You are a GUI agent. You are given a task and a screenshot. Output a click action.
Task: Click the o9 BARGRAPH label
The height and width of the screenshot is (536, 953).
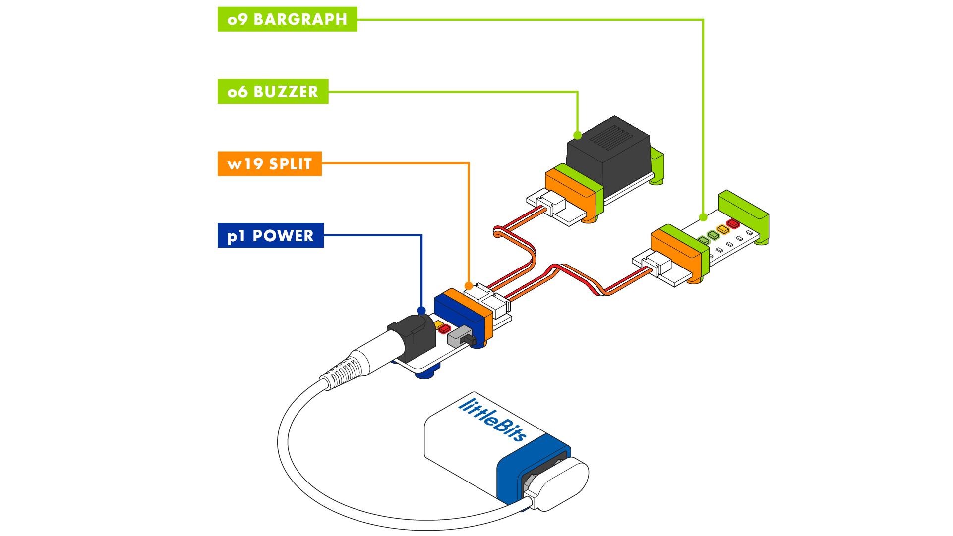pos(287,19)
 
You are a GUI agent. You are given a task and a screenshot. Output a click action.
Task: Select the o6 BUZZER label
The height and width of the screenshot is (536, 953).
pos(273,92)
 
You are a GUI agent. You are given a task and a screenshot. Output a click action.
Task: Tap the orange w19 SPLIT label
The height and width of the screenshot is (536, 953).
pos(270,164)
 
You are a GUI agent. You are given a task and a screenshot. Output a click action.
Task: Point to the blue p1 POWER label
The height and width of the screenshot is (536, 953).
pos(271,235)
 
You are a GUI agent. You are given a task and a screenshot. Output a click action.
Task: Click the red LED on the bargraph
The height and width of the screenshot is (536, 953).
pos(733,224)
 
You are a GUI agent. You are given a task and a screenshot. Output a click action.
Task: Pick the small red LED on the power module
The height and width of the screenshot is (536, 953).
pos(444,328)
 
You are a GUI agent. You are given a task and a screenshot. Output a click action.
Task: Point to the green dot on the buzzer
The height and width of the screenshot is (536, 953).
pos(577,135)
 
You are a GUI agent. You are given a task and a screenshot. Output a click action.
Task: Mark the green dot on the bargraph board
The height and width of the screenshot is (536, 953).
pos(703,217)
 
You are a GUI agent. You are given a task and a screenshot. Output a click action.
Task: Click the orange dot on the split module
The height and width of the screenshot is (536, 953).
pos(468,286)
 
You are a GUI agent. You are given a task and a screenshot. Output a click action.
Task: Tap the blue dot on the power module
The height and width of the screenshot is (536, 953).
pos(421,311)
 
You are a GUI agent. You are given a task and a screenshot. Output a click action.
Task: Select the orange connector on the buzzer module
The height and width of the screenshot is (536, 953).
pos(571,194)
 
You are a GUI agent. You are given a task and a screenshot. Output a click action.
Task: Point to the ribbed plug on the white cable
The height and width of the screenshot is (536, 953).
pos(343,372)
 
